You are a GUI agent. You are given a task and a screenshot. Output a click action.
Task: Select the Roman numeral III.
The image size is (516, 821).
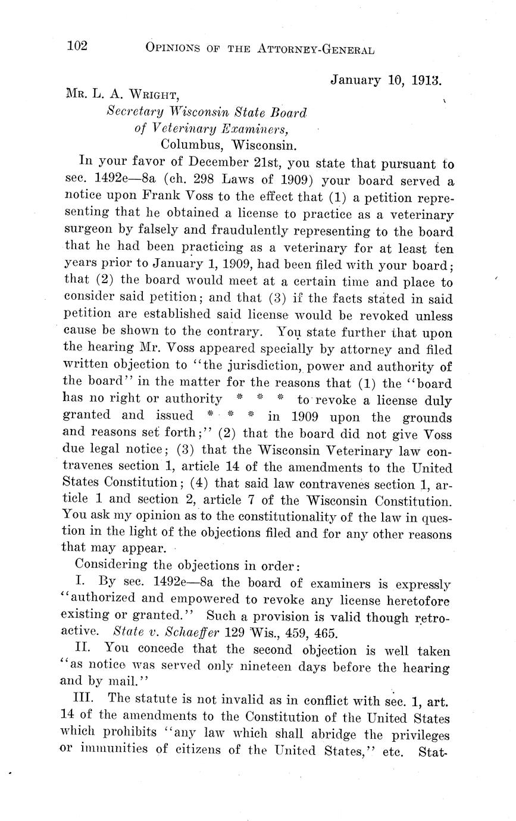[85, 699]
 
